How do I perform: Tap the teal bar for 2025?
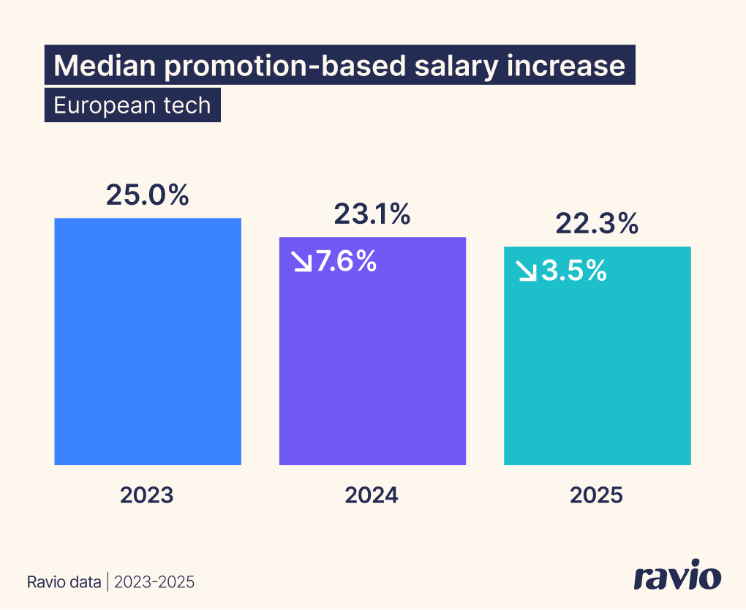coord(597,366)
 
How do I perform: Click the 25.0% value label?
coord(148,195)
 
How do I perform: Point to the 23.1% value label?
coord(372,214)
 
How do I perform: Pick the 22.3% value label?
coord(597,224)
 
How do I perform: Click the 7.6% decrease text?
coord(346,261)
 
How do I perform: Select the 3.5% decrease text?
coord(574,271)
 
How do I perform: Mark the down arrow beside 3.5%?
coord(527,271)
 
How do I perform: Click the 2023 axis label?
coord(147,495)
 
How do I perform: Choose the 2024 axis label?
coord(372,495)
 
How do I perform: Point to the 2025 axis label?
coord(596,495)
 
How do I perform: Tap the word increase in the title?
coord(566,66)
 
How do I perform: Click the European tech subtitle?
coord(132,105)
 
